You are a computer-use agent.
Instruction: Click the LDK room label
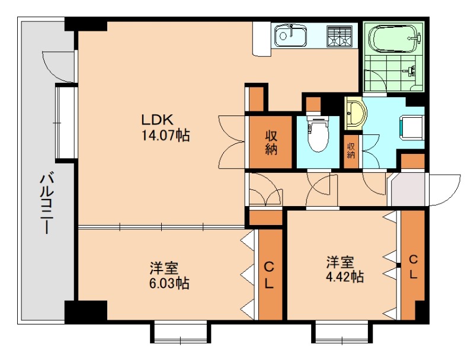[158, 120]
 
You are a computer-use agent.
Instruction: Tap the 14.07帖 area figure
[166, 135]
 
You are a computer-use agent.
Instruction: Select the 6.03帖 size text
[169, 283]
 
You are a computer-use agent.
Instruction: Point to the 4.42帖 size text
[345, 277]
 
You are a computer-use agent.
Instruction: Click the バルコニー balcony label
[47, 202]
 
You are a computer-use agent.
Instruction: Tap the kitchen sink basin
[290, 36]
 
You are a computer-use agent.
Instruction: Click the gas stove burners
[340, 36]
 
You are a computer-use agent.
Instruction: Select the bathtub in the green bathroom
[393, 39]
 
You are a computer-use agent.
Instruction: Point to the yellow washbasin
[355, 114]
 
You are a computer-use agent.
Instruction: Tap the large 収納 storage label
[271, 143]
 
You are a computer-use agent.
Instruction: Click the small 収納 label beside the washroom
[351, 151]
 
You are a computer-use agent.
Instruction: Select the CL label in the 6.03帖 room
[269, 275]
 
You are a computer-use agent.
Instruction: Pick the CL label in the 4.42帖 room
[413, 266]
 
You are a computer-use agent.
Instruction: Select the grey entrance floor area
[408, 189]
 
